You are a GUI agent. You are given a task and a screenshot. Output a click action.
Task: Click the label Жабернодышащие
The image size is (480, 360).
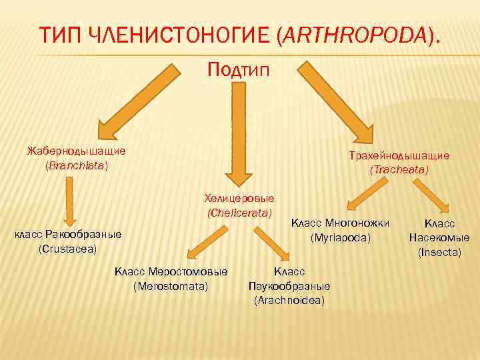76,151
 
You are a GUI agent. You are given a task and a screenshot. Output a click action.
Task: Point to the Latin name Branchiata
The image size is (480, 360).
76,165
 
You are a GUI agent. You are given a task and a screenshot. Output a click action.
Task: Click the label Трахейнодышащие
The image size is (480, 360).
399,155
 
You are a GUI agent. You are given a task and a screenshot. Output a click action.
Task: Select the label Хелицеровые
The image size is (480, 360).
239,198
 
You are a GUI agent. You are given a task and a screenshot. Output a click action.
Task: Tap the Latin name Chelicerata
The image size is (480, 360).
239,213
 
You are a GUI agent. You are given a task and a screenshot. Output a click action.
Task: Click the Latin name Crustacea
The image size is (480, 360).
68,249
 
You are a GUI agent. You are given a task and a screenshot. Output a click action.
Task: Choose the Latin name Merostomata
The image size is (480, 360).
171,286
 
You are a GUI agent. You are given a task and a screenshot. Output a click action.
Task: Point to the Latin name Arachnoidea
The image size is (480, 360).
289,301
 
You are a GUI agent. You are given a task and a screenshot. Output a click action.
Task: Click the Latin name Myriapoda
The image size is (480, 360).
340,237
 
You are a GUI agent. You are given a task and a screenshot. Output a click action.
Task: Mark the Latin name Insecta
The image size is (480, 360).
439,252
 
